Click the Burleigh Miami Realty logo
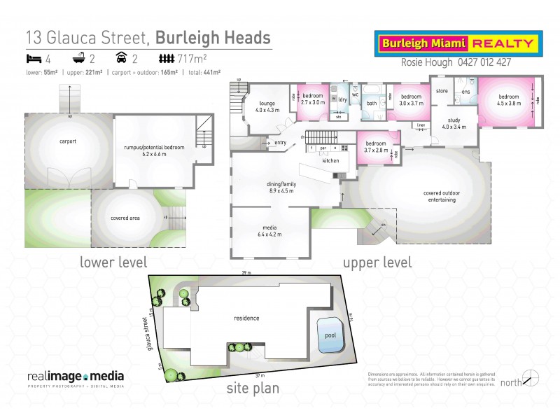click(x=458, y=43)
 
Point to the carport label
click(x=68, y=141)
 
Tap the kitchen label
click(x=330, y=160)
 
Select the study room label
click(x=454, y=122)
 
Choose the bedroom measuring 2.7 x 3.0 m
click(x=312, y=99)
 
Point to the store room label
click(x=442, y=91)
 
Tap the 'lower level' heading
click(x=113, y=262)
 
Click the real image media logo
click(x=76, y=377)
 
